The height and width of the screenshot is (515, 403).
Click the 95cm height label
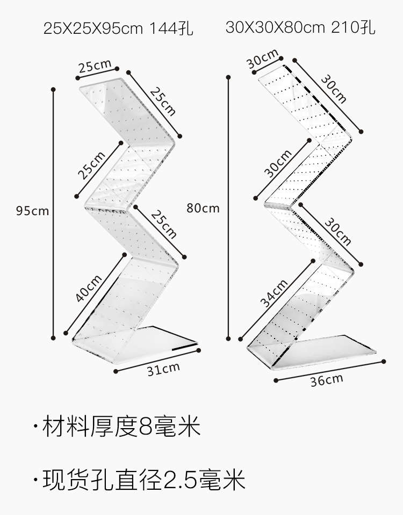click(x=32, y=211)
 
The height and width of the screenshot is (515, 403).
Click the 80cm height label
click(x=203, y=208)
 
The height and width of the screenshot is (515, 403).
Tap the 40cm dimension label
click(x=89, y=288)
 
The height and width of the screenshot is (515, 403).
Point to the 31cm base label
click(x=163, y=369)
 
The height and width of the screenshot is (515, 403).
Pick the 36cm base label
click(x=326, y=380)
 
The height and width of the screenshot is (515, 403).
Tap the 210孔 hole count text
click(x=353, y=27)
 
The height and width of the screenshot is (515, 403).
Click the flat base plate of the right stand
click(x=333, y=349)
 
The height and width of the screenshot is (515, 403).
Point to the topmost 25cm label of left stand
click(x=95, y=67)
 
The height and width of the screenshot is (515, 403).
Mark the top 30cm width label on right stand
click(x=262, y=59)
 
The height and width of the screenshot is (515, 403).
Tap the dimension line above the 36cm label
click(x=330, y=370)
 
